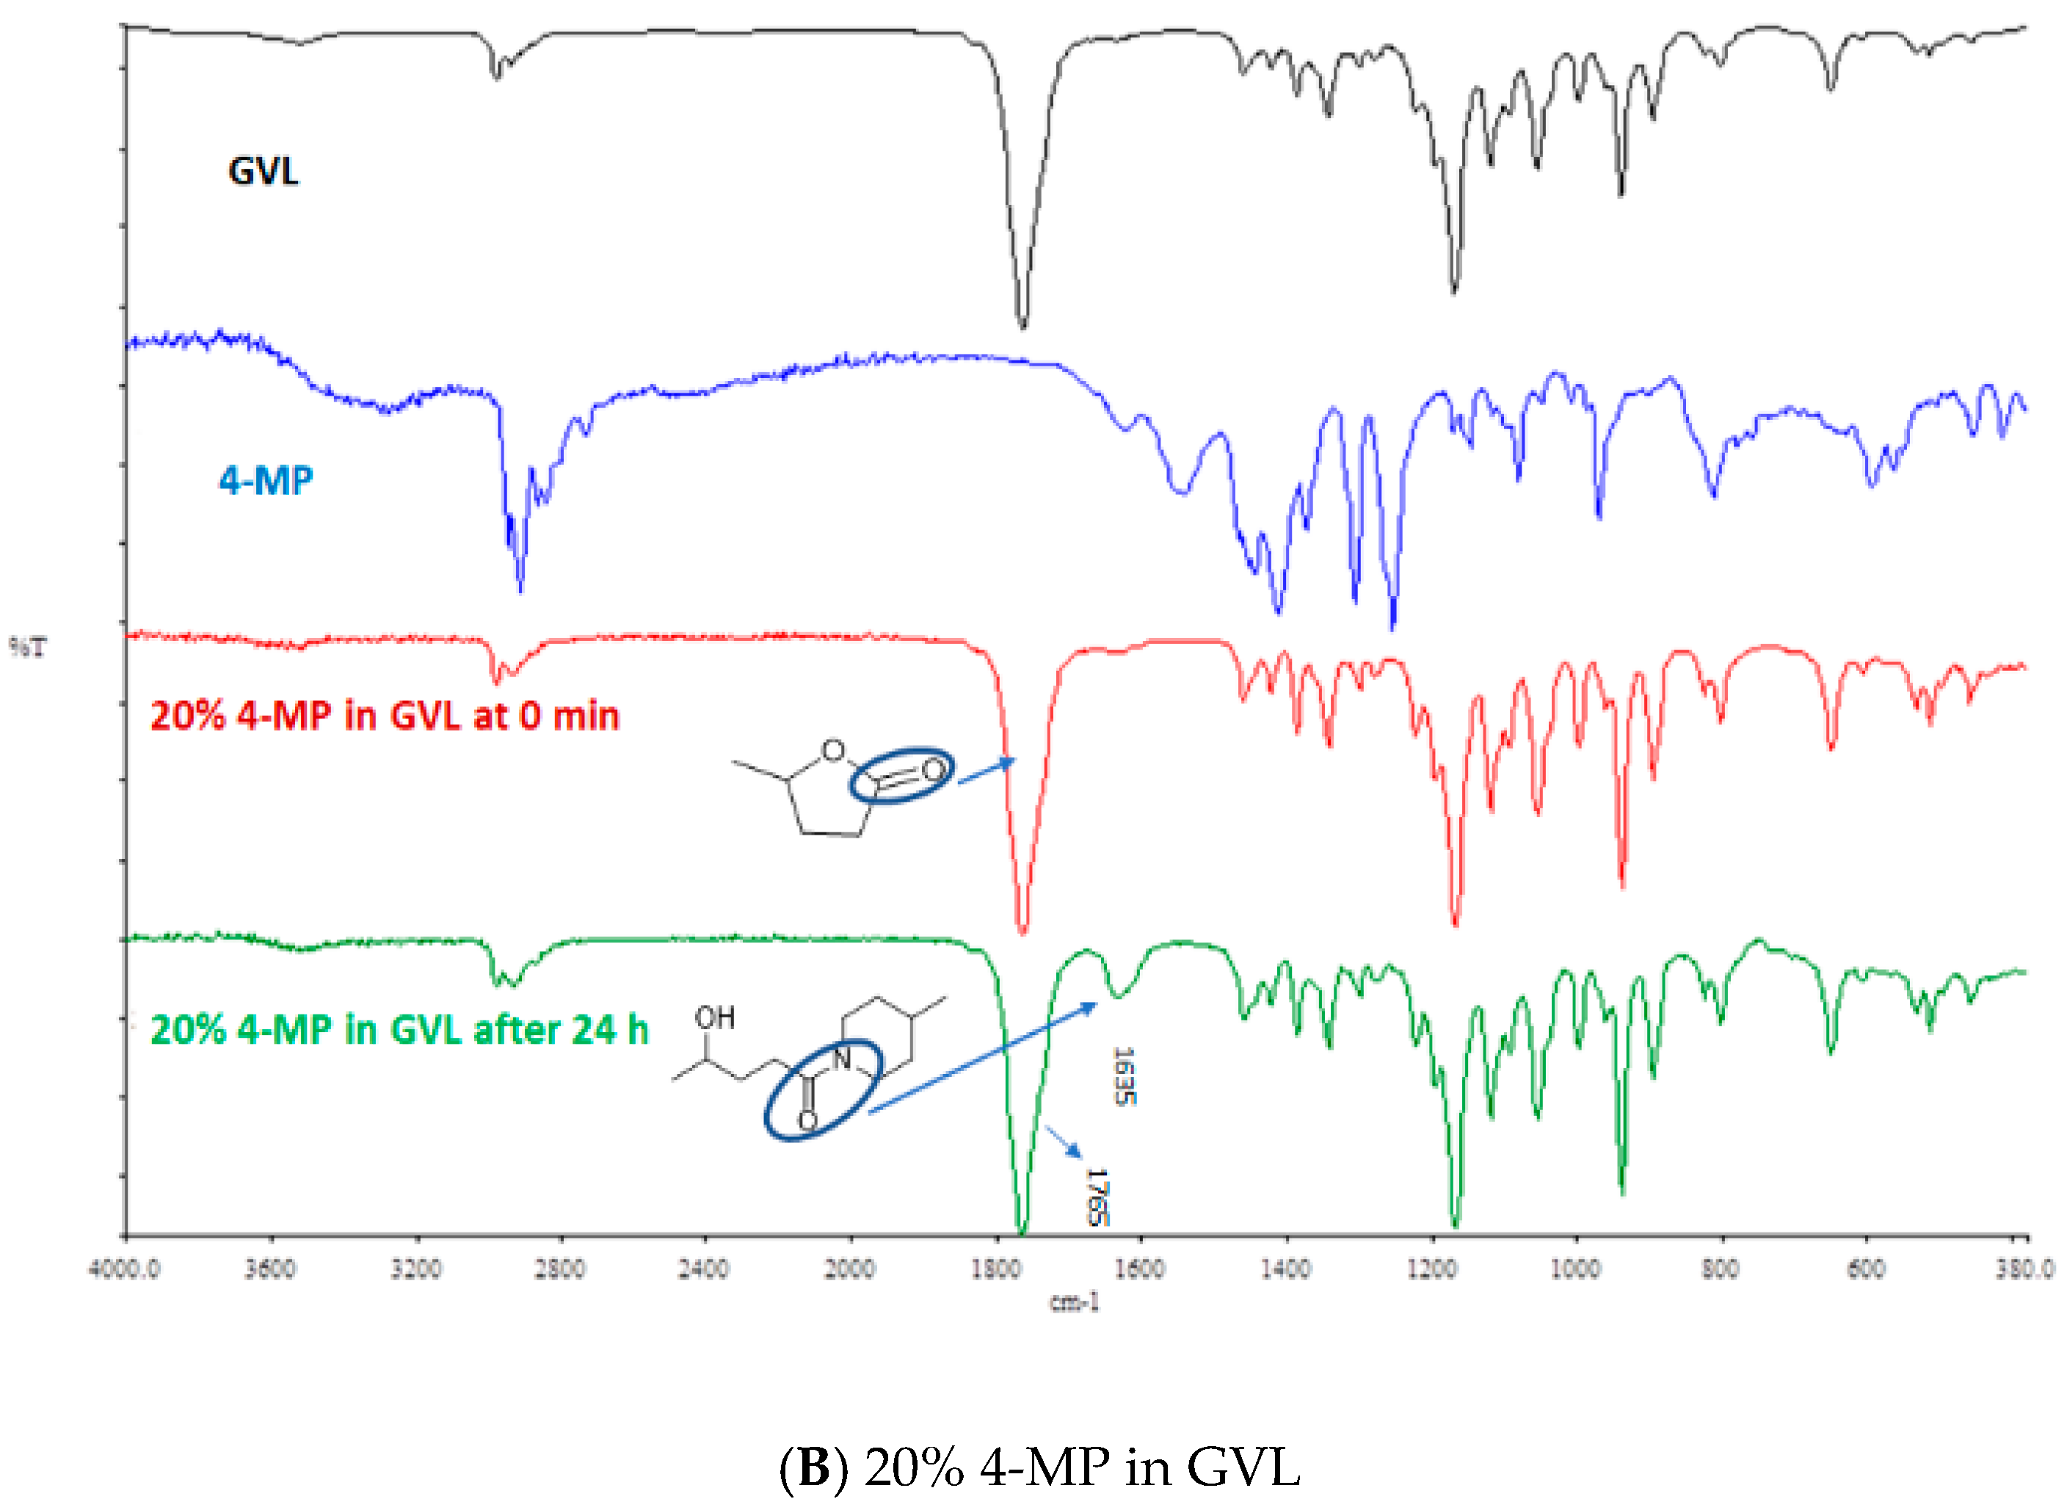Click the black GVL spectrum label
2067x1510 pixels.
point(264,172)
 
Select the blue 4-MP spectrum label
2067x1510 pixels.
point(266,480)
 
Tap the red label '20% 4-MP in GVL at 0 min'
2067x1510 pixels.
point(385,716)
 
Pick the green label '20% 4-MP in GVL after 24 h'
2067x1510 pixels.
point(399,1030)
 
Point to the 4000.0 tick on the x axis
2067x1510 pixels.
point(123,1270)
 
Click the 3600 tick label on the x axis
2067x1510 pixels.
point(269,1270)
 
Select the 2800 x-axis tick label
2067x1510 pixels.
point(560,1270)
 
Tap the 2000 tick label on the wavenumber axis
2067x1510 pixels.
point(851,1270)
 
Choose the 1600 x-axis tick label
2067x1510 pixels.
point(1141,1270)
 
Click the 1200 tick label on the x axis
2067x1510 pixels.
point(1431,1270)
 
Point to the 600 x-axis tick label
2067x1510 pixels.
point(1866,1270)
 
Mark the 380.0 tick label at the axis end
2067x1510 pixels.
point(2024,1270)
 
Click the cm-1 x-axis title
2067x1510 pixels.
point(1075,1302)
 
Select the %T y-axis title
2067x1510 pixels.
point(27,648)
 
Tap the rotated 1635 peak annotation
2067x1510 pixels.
point(1124,1076)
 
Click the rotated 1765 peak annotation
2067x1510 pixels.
point(1097,1197)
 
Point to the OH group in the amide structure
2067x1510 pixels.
point(715,1017)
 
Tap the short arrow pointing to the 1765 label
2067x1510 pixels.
point(1063,1141)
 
